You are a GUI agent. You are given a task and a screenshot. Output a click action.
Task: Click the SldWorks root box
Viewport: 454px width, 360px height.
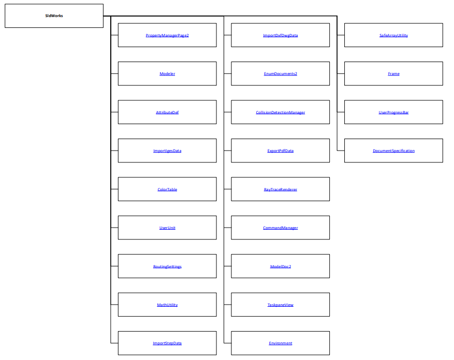(54, 16)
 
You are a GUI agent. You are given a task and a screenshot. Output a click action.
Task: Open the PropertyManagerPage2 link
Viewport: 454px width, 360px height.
(167, 35)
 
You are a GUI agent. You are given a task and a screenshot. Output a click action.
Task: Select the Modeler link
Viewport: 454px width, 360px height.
(167, 74)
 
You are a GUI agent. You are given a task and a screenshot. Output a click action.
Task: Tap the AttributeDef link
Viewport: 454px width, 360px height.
(167, 112)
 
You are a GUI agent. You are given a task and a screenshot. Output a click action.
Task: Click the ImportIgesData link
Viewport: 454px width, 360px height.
(167, 151)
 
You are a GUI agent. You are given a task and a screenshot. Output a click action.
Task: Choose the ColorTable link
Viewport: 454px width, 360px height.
(167, 189)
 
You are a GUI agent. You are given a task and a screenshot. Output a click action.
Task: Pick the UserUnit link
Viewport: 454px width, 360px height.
(167, 228)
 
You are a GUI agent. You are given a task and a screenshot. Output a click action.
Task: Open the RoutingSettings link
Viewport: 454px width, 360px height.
(167, 266)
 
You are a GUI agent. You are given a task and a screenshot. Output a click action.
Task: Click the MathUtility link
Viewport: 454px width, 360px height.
(167, 305)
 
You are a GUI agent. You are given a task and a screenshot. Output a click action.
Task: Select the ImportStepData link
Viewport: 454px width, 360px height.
(167, 343)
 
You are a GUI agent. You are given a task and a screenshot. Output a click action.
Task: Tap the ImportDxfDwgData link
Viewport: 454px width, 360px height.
(280, 35)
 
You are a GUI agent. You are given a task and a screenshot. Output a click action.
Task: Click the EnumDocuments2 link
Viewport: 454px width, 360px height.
(280, 74)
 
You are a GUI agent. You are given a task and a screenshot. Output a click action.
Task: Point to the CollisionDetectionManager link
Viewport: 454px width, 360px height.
(280, 112)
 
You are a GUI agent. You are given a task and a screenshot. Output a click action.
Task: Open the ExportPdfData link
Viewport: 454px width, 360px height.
(280, 151)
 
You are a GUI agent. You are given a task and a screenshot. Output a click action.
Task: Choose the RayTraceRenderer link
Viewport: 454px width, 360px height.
(280, 189)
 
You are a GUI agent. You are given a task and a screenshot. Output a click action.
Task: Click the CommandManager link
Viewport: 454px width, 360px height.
(280, 228)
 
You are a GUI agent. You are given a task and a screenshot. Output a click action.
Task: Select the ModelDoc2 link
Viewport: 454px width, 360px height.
(280, 266)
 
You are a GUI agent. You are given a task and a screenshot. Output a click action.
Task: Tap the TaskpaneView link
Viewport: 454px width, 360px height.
(280, 305)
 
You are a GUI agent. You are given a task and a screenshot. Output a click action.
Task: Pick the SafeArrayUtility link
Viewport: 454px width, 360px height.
(393, 35)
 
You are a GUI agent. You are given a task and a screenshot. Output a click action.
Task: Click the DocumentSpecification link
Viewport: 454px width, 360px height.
(393, 151)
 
